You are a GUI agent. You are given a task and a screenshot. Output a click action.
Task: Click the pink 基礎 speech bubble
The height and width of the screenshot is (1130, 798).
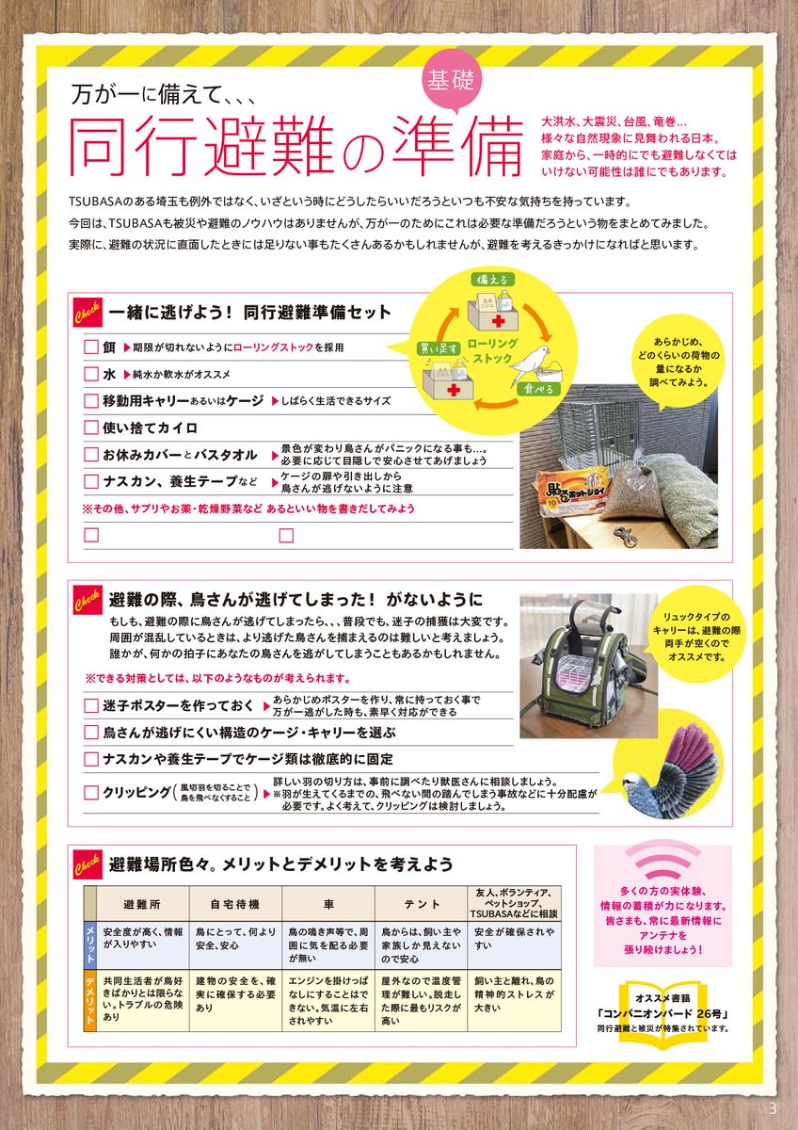tap(451, 82)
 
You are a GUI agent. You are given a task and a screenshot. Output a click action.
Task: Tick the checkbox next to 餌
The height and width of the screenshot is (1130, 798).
tap(91, 347)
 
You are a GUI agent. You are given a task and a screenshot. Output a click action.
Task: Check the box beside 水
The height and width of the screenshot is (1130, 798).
tap(91, 374)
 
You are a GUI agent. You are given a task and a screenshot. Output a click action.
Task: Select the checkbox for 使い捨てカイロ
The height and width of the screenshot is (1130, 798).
tap(91, 428)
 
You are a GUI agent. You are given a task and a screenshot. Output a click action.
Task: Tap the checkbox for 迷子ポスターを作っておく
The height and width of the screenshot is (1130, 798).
tap(91, 705)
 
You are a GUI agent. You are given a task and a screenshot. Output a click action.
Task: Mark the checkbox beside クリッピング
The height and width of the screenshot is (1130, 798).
tap(91, 793)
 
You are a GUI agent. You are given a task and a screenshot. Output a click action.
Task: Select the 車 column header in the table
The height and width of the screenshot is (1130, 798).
tap(328, 905)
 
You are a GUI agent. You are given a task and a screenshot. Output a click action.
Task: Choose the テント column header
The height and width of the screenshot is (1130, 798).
tap(421, 905)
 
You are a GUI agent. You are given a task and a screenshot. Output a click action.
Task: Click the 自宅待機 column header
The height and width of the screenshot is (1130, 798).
tap(235, 905)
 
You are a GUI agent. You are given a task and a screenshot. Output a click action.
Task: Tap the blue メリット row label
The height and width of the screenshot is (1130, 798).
tap(89, 945)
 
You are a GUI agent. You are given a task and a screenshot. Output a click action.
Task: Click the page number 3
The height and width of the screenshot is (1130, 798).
tap(773, 1108)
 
